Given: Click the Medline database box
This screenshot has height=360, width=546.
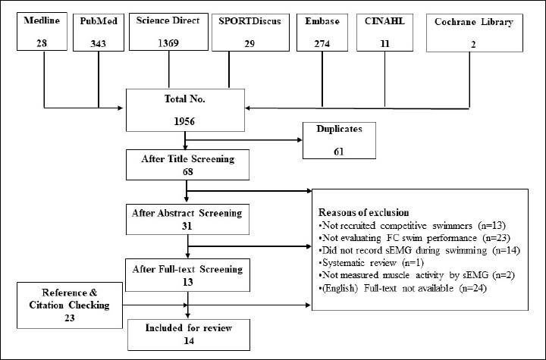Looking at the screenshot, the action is (x=42, y=31).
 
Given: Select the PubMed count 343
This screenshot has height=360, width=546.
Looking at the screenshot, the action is (x=98, y=44).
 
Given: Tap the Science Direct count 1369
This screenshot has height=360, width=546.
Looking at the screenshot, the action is (x=168, y=43).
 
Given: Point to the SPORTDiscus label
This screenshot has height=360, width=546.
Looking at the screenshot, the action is (x=249, y=21).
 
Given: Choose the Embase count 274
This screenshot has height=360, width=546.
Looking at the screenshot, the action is (x=322, y=44).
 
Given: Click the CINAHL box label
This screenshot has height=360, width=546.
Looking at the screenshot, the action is (x=384, y=21).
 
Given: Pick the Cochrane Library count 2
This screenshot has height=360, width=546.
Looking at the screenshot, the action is (x=473, y=45).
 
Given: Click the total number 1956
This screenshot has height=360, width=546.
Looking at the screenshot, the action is (x=184, y=121).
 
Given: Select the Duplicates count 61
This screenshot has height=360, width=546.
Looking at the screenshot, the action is (x=339, y=152).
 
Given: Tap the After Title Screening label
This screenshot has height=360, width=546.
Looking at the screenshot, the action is (x=188, y=158).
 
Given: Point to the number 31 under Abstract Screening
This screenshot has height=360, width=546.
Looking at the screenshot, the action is (x=187, y=226).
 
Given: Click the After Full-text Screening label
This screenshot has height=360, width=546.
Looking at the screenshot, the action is (x=187, y=269).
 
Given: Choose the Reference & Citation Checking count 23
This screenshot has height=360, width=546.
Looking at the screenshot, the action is (x=70, y=318).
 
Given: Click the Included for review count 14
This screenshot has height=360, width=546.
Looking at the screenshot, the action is (x=189, y=340).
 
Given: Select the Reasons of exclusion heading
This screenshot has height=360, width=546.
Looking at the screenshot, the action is (x=363, y=212).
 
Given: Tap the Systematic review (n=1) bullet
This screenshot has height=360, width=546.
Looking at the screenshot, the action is (x=371, y=262).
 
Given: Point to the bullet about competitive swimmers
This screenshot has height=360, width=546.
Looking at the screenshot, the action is (x=412, y=226).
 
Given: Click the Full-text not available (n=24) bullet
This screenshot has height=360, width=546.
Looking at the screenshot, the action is (x=403, y=288).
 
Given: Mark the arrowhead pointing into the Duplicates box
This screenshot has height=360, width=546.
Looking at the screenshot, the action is (x=300, y=140).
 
